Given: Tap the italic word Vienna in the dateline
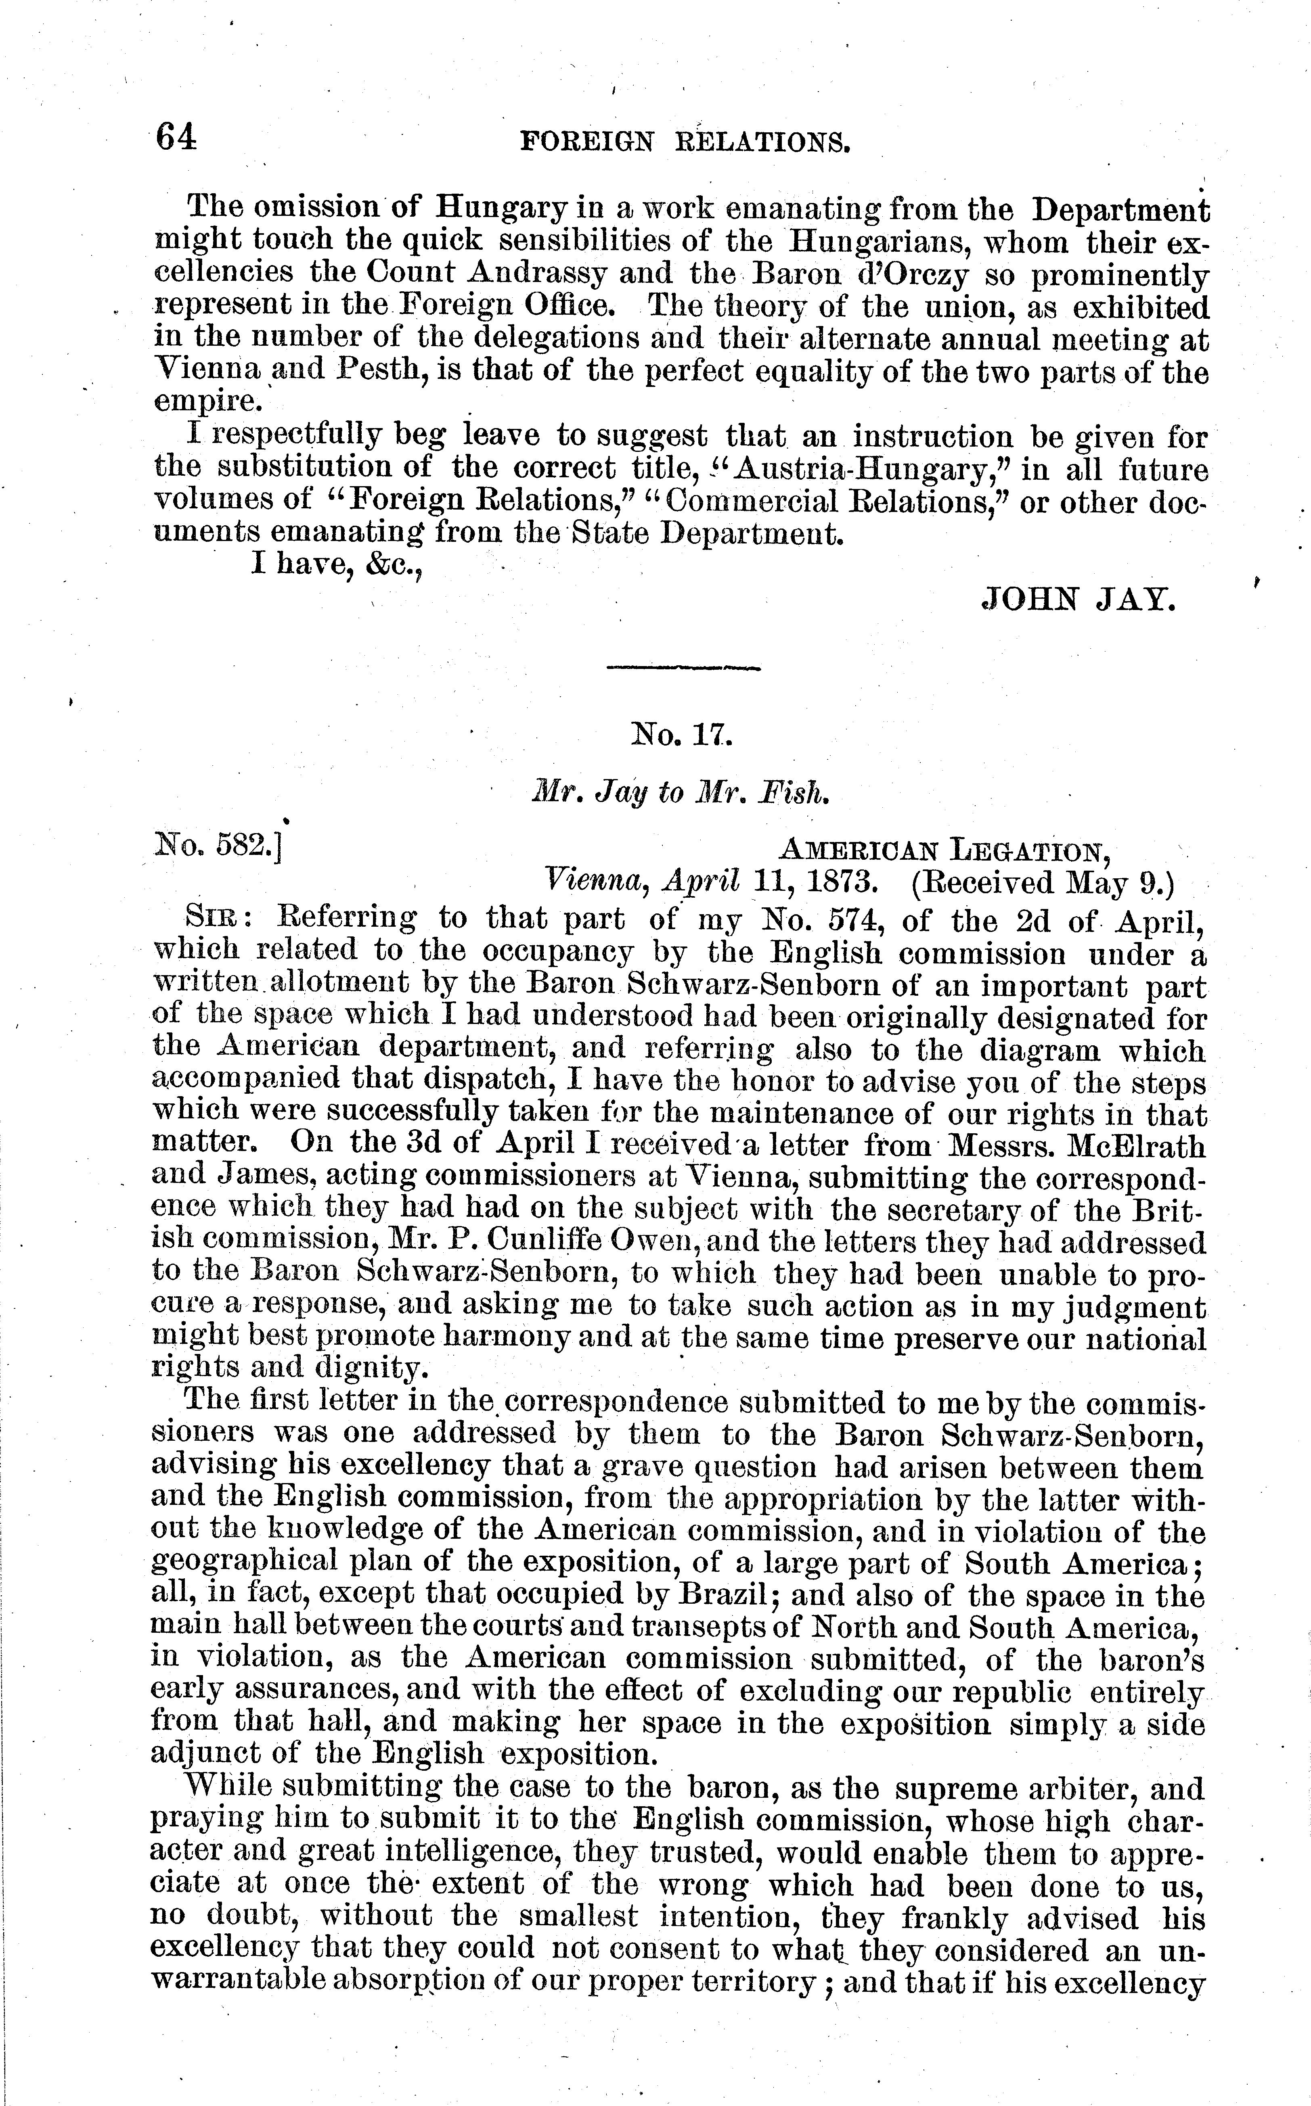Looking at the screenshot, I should [x=596, y=882].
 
